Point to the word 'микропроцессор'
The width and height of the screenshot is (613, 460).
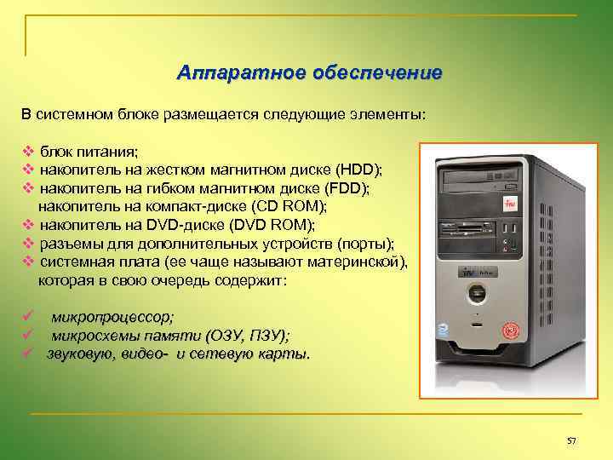(112, 317)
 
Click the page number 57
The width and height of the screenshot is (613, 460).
(571, 440)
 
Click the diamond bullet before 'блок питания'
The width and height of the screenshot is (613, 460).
(27, 151)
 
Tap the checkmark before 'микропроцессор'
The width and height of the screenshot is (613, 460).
(27, 317)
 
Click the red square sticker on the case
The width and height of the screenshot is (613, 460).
(511, 204)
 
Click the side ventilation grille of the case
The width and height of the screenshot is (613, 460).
(545, 256)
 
